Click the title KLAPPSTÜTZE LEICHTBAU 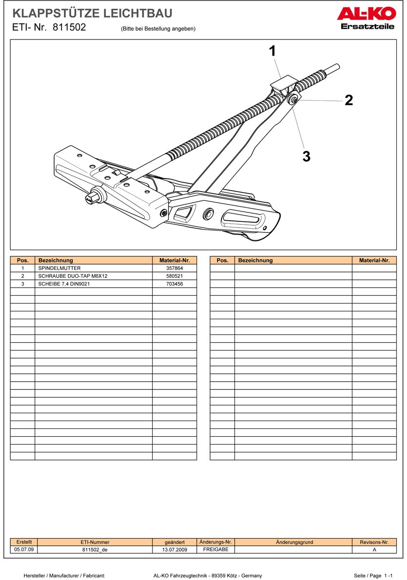click(x=93, y=13)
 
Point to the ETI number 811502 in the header click(x=69, y=27)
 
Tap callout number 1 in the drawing click(x=272, y=51)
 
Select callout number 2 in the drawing click(x=349, y=100)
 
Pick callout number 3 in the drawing click(x=307, y=156)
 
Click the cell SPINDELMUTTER click(x=59, y=268)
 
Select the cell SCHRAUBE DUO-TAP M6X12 click(x=73, y=276)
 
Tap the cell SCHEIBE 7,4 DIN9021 click(x=64, y=284)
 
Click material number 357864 click(x=174, y=268)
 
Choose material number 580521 click(x=174, y=276)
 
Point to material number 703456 click(x=174, y=284)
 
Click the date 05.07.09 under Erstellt click(x=24, y=549)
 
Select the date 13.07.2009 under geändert click(x=174, y=550)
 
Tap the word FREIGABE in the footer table click(x=216, y=549)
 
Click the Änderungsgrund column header click(x=294, y=542)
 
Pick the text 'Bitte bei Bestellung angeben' click(x=158, y=29)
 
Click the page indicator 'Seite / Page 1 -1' click(x=373, y=576)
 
